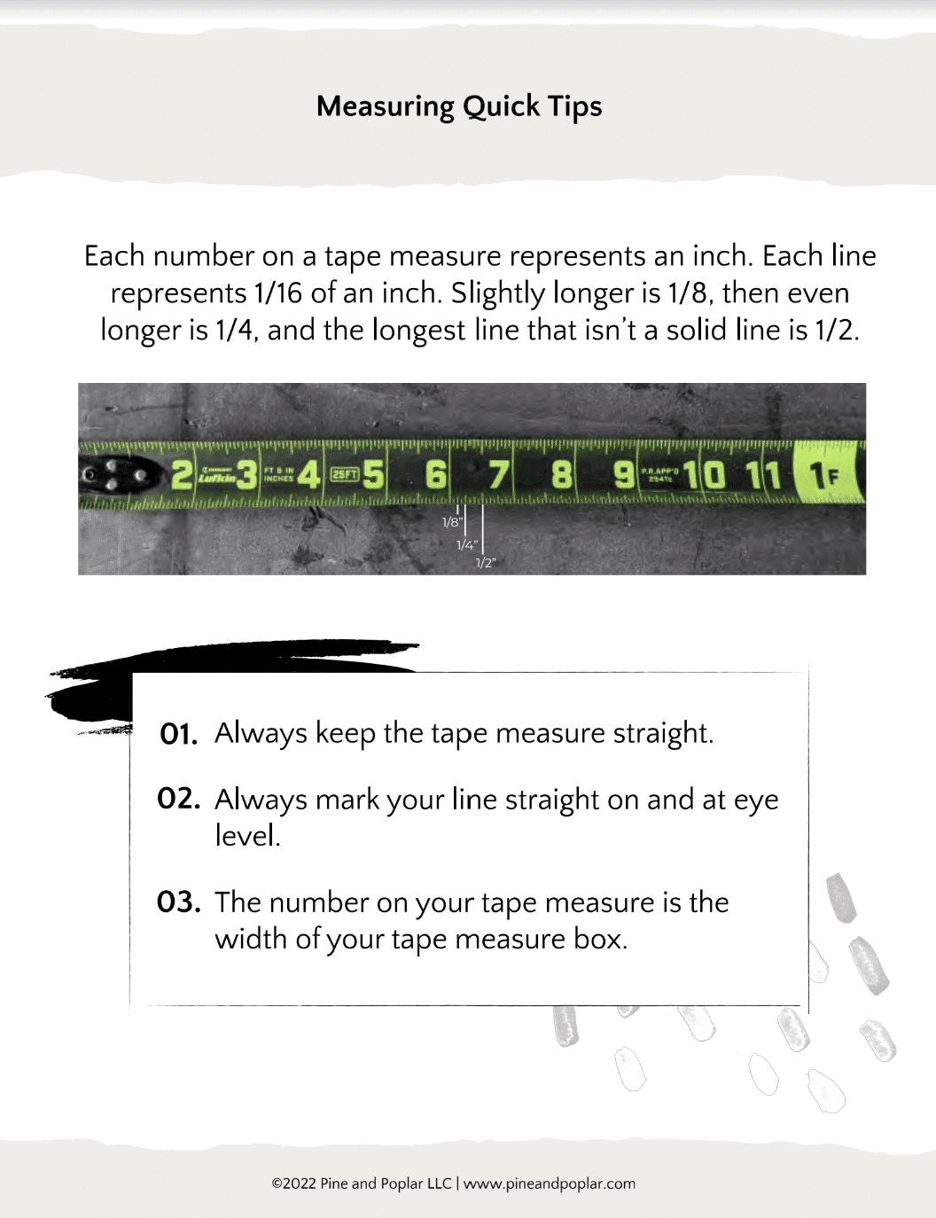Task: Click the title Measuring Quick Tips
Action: pos(459,106)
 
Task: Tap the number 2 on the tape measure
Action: pos(181,475)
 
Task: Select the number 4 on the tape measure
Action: pos(308,475)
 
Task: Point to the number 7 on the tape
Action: pos(499,475)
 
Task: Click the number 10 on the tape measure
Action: pos(705,475)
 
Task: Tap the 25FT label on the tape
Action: pos(345,474)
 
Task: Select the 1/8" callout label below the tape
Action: pos(451,522)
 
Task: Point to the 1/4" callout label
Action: pos(466,545)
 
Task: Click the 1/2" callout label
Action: pos(486,563)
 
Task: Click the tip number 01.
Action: pos(178,734)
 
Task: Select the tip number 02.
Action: pos(178,799)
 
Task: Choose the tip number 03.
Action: pos(178,902)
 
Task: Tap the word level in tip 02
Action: pos(247,836)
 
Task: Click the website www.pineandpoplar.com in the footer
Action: pos(550,1183)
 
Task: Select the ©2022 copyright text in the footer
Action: pos(361,1183)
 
